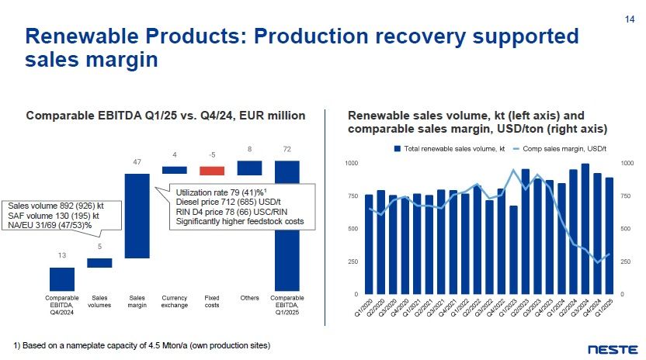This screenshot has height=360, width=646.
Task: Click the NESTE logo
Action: click(613, 348)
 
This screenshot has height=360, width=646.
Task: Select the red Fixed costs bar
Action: click(212, 171)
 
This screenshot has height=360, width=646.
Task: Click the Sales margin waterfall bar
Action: click(137, 215)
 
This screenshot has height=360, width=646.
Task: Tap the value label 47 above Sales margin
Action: click(137, 162)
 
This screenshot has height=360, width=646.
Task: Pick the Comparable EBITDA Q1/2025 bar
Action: click(287, 225)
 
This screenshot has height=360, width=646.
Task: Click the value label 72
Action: click(287, 148)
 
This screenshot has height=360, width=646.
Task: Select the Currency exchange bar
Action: click(175, 170)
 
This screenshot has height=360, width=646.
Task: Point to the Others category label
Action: click(249, 298)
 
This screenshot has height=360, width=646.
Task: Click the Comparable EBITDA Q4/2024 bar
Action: click(62, 279)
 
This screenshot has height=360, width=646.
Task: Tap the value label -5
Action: click(212, 154)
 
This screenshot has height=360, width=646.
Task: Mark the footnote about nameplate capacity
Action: click(142, 345)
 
